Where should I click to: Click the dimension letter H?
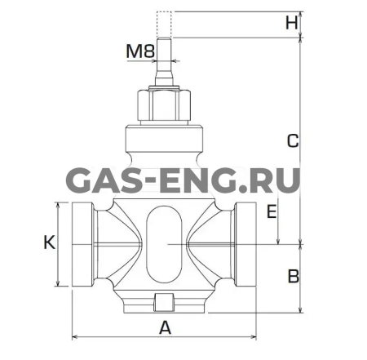[292, 23]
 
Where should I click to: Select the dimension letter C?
[293, 141]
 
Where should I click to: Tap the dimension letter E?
[272, 211]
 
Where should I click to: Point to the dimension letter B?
[294, 277]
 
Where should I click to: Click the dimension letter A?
[165, 327]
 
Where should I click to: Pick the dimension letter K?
[50, 242]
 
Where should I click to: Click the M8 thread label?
[140, 51]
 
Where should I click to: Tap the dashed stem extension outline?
[164, 24]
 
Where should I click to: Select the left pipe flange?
[83, 244]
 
